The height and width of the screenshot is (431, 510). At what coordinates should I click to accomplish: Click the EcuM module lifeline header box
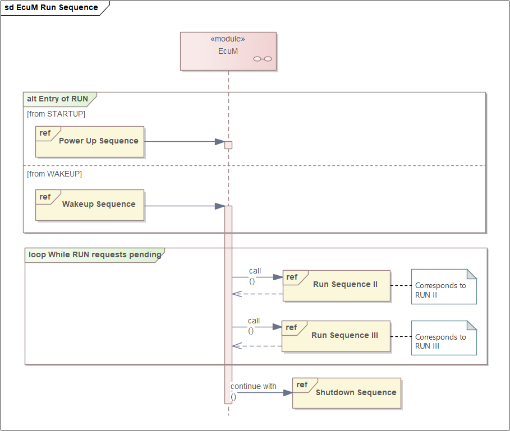(228, 51)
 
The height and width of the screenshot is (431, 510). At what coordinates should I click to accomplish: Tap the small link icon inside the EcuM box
(263, 59)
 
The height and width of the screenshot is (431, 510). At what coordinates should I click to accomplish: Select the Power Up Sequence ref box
(90, 142)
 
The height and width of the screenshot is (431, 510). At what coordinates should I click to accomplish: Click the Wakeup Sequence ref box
(90, 205)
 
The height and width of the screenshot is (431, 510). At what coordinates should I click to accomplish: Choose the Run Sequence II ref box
(336, 286)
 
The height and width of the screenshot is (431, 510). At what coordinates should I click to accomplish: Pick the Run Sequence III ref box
(336, 336)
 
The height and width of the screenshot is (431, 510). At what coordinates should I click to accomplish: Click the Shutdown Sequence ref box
(347, 393)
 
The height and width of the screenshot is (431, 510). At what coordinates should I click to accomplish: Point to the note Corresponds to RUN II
(444, 286)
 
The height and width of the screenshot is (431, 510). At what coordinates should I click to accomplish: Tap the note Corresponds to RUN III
(444, 338)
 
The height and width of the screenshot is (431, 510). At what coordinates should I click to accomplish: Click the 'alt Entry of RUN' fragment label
(58, 99)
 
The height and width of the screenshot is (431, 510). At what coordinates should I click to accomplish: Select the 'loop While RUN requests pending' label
(95, 254)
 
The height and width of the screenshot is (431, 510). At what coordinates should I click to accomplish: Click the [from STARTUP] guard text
(56, 114)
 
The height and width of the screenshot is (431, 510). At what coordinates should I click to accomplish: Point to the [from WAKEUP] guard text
(54, 174)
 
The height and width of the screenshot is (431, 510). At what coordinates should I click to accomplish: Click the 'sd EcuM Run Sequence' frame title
(52, 7)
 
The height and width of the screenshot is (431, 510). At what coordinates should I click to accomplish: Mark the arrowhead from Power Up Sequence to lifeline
(220, 142)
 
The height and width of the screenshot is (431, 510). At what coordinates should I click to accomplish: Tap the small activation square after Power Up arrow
(228, 145)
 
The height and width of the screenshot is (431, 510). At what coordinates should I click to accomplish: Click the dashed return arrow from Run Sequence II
(258, 294)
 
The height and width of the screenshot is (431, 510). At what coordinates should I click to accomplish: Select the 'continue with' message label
(254, 386)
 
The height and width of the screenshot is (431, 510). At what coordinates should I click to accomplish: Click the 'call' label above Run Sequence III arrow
(254, 321)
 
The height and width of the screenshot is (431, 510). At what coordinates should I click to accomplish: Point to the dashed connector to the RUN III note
(401, 336)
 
